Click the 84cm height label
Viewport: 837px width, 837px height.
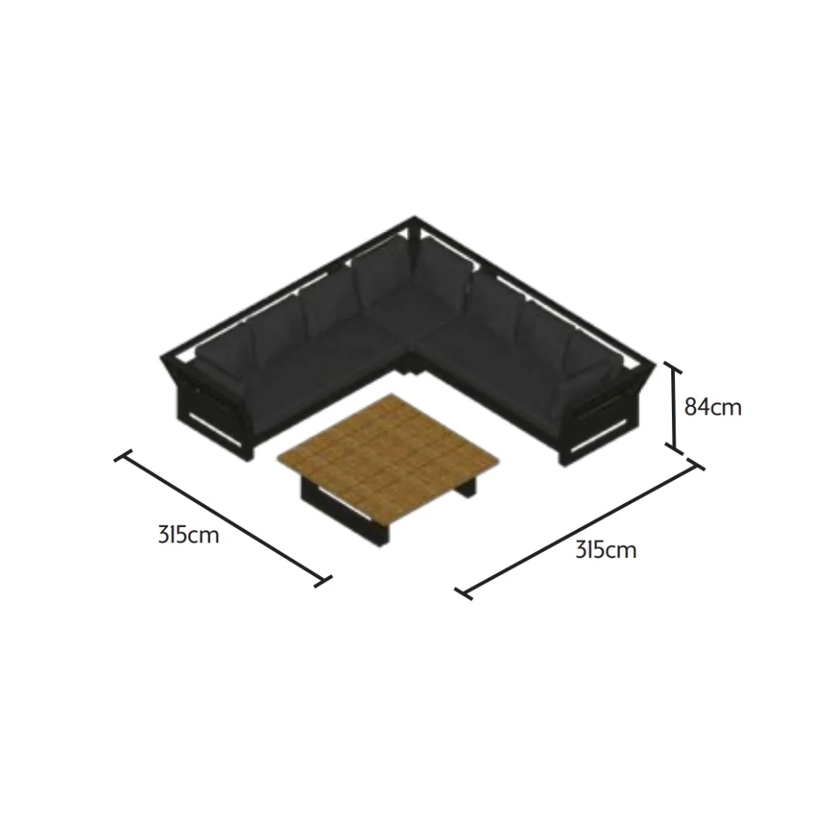click(x=713, y=408)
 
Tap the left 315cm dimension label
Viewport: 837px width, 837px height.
click(x=188, y=534)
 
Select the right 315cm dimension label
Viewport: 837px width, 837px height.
click(x=606, y=549)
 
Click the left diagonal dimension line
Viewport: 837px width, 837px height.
click(x=223, y=518)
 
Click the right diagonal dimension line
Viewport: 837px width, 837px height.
click(x=580, y=529)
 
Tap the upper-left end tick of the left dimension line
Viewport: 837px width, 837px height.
click(x=122, y=456)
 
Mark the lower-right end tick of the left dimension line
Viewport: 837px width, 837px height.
click(x=323, y=581)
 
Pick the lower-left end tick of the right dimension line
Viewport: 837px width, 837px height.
click(x=463, y=594)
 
